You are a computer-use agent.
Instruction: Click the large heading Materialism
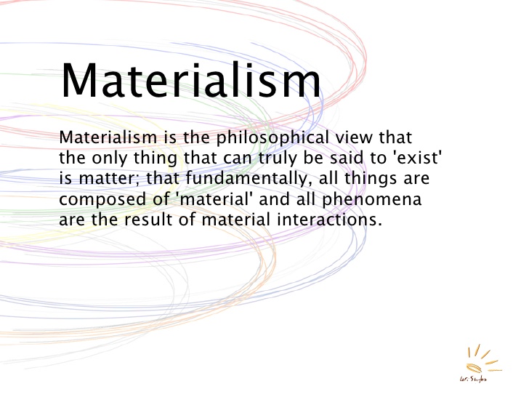click(x=190, y=79)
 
